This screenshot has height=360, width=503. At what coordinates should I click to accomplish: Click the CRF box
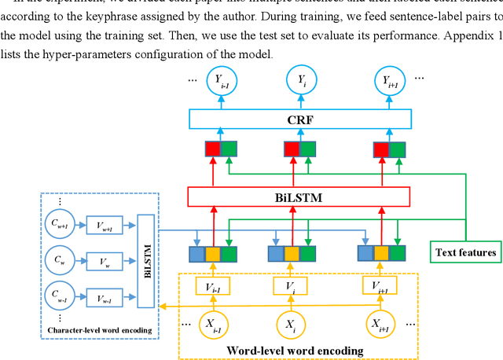point(300,119)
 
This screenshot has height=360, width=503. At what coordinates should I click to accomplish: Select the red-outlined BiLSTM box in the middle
point(299,197)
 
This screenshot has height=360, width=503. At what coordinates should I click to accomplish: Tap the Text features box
point(467,252)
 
